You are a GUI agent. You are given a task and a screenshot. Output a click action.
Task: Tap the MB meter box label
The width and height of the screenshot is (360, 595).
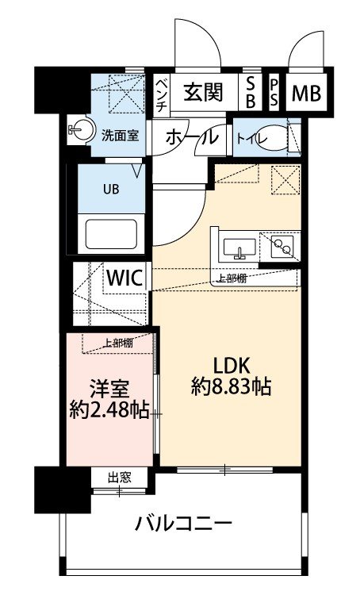(x=305, y=94)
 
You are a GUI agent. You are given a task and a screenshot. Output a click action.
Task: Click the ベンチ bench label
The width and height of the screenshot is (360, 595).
(x=161, y=93)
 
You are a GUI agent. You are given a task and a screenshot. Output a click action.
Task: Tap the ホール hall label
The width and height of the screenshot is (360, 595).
(x=191, y=137)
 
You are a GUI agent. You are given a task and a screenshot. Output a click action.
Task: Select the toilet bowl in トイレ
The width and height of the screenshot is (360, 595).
(x=276, y=137)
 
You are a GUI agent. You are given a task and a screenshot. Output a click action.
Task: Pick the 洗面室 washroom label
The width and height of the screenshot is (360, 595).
(x=119, y=134)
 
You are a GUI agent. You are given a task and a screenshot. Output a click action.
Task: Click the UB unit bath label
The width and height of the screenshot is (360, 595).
(x=110, y=191)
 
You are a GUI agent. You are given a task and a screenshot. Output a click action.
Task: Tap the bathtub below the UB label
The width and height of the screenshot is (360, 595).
(x=111, y=236)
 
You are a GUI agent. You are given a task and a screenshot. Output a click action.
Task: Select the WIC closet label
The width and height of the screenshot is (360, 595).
(x=124, y=278)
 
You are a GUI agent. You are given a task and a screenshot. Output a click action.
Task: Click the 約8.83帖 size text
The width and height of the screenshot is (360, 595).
(x=231, y=387)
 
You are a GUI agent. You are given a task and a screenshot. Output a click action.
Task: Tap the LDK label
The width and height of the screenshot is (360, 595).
(x=231, y=365)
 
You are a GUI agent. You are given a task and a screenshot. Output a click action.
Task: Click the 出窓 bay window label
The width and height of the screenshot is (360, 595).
(x=119, y=477)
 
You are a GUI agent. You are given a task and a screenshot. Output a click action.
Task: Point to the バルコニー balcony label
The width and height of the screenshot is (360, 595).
(x=183, y=524)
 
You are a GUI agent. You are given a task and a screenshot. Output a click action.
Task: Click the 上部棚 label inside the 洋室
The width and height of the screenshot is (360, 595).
(x=117, y=343)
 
